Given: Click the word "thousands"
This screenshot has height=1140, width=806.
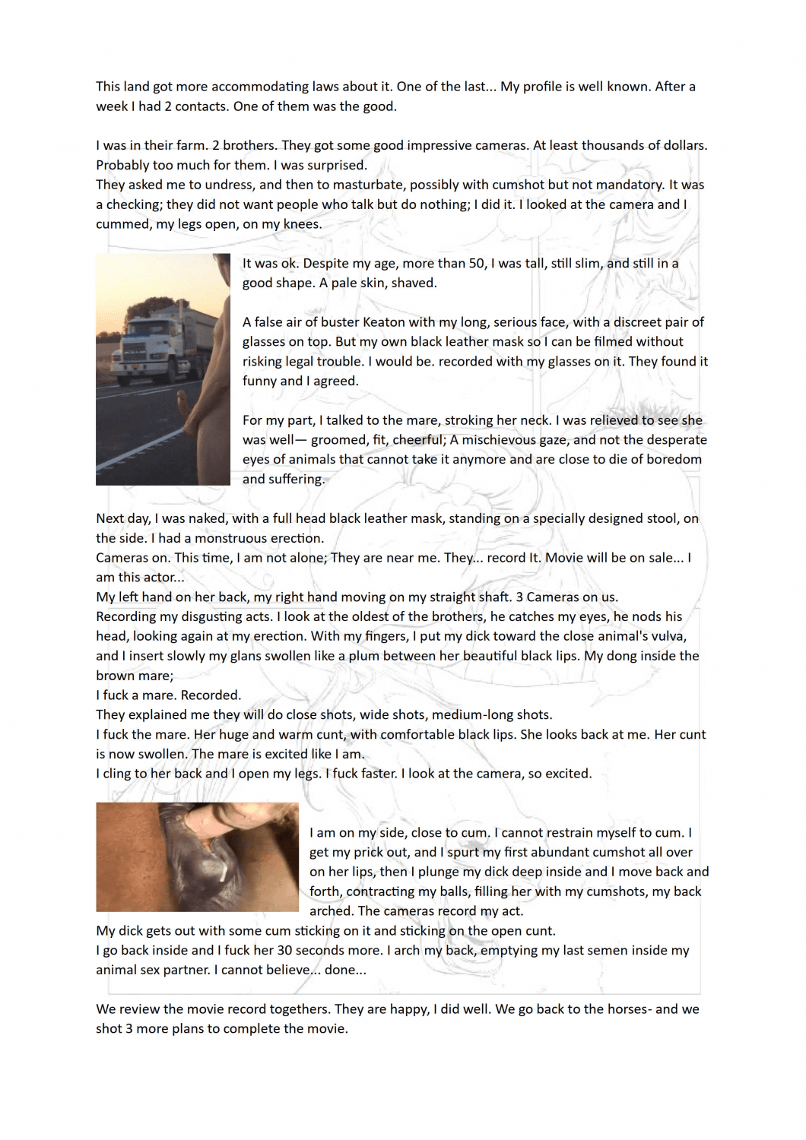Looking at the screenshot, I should click(585, 145).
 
